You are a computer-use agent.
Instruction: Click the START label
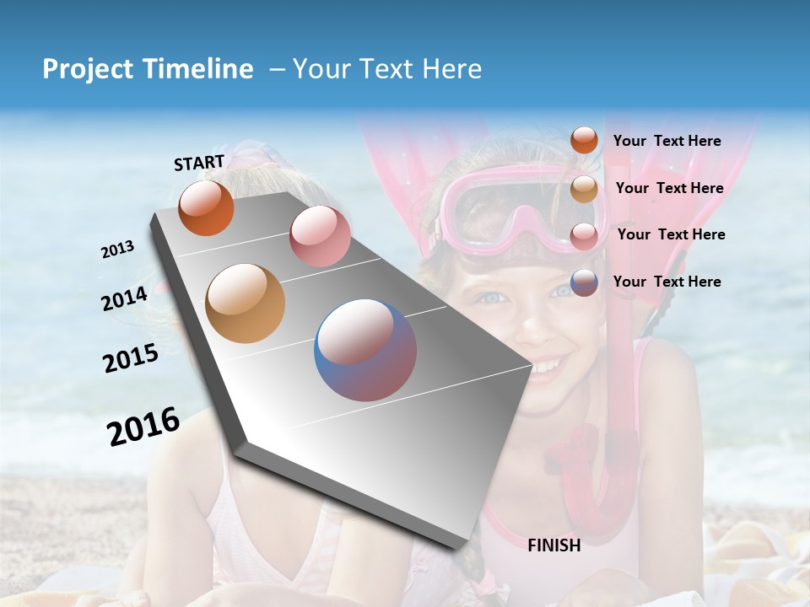pyautogui.click(x=199, y=163)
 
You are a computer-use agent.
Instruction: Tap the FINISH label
pyautogui.click(x=554, y=545)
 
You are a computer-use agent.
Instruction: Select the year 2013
pyautogui.click(x=117, y=250)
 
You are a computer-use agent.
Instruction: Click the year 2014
pyautogui.click(x=125, y=298)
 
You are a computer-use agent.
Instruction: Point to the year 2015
pyautogui.click(x=131, y=358)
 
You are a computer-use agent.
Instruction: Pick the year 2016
pyautogui.click(x=143, y=427)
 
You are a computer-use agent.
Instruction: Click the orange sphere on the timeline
pyautogui.click(x=206, y=207)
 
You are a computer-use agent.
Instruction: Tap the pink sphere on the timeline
pyautogui.click(x=320, y=236)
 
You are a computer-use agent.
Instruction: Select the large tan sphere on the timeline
pyautogui.click(x=246, y=303)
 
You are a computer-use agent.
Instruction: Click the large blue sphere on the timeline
pyautogui.click(x=365, y=350)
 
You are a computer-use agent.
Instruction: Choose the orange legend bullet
pyautogui.click(x=584, y=141)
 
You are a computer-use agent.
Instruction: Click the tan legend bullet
pyautogui.click(x=584, y=189)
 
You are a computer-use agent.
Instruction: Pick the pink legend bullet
pyautogui.click(x=584, y=236)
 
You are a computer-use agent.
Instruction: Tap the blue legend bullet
pyautogui.click(x=584, y=282)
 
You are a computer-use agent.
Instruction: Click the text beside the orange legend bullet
pyautogui.click(x=667, y=142)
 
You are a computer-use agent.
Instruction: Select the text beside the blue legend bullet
pyautogui.click(x=667, y=282)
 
